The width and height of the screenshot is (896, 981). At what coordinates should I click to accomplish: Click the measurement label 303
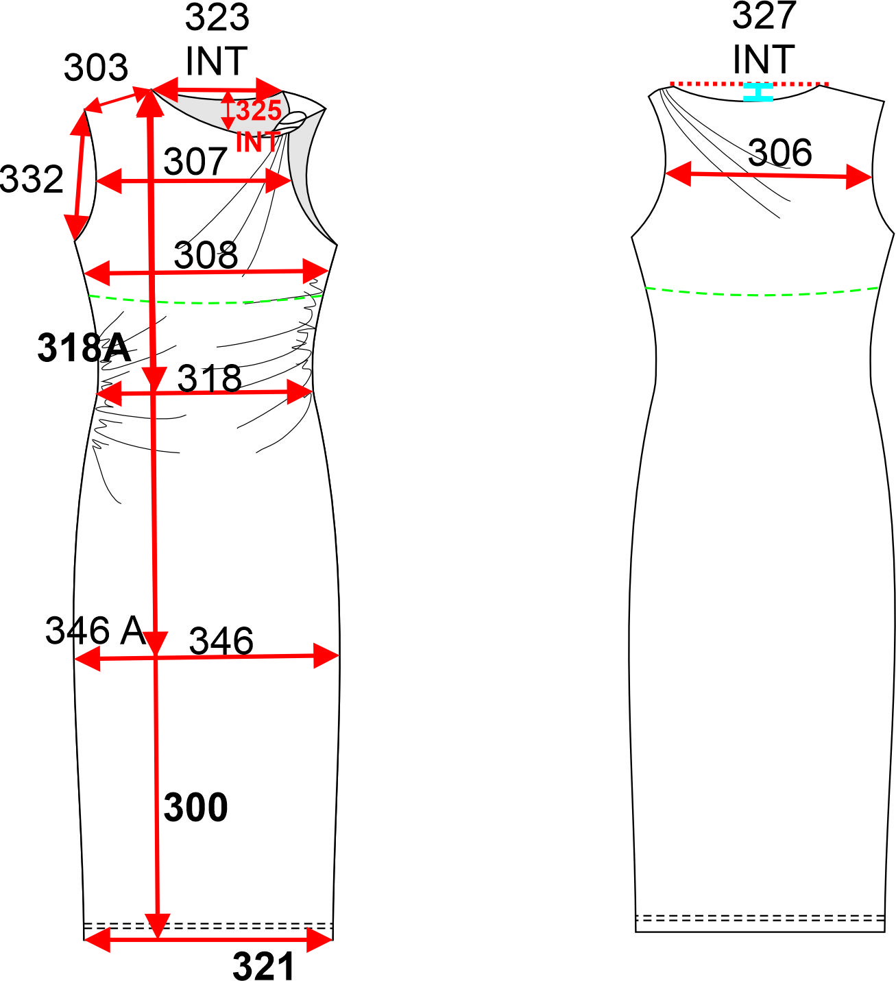(96, 67)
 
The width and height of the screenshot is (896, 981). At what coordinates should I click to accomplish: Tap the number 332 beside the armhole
(32, 179)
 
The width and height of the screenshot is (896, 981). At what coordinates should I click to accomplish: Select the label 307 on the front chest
(195, 161)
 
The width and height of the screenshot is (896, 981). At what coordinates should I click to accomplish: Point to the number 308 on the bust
(206, 255)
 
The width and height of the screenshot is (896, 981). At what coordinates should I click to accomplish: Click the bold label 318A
(84, 348)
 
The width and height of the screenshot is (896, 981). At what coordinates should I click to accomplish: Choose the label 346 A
(95, 631)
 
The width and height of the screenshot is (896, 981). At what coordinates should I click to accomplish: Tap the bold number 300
(195, 808)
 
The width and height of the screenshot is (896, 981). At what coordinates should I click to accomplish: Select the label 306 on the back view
(779, 153)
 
